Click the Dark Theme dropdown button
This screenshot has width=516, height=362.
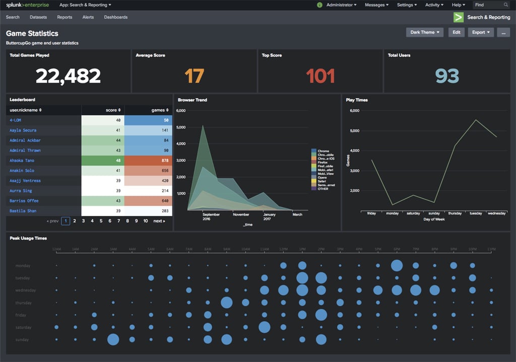[425, 32]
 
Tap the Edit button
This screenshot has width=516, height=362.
[456, 32]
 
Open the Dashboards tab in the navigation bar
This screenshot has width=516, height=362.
[115, 17]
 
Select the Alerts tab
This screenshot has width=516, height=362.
[88, 17]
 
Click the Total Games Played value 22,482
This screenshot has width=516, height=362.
[68, 76]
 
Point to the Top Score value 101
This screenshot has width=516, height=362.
[320, 76]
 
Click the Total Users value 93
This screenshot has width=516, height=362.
[447, 76]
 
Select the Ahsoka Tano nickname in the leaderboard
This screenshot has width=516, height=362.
[22, 161]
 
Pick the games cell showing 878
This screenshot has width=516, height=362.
[148, 161]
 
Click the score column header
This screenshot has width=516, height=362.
[112, 110]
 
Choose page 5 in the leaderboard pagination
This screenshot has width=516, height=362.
[101, 221]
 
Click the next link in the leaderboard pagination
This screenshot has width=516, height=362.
[159, 221]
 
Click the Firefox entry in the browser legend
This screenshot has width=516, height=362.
[322, 163]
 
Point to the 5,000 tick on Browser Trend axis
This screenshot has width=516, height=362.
[181, 127]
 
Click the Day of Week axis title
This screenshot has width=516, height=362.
[433, 220]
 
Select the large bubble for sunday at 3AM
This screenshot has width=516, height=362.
[113, 339]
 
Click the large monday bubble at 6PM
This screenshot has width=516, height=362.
[397, 265]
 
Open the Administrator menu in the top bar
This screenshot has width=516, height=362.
[341, 5]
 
